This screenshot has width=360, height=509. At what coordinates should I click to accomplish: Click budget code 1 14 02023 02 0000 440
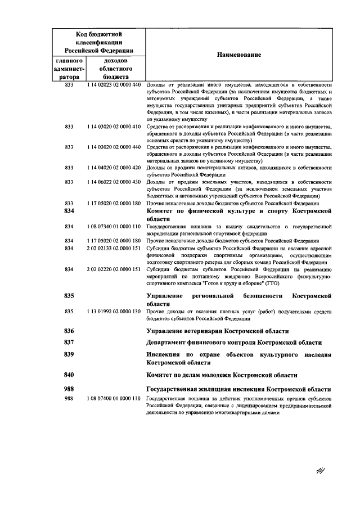113,84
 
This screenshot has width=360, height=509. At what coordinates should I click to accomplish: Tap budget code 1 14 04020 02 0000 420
113,168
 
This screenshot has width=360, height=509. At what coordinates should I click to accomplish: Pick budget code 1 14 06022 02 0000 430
113,182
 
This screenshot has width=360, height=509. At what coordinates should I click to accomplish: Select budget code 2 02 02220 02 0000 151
113,269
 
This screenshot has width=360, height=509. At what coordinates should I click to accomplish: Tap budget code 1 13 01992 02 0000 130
113,312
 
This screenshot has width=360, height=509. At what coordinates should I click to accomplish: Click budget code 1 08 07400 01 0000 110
113,398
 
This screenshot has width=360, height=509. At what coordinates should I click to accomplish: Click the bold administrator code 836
70,331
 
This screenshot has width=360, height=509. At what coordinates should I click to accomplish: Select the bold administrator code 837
70,343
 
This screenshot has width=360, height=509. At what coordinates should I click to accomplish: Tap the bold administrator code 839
70,355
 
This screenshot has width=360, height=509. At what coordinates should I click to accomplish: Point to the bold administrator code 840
70,375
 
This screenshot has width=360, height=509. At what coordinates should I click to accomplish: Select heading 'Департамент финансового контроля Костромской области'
234,343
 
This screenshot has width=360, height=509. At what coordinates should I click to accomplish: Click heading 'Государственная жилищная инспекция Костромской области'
238,389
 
